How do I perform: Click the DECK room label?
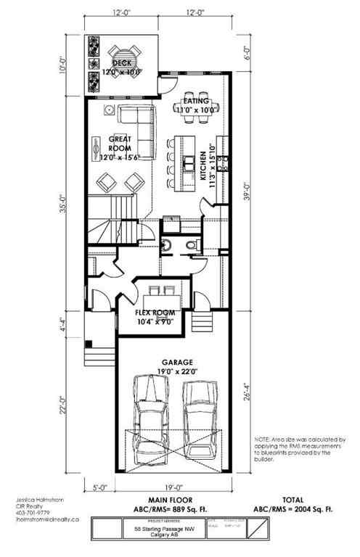(120, 63)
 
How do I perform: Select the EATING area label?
(196, 100)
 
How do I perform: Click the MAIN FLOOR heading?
(169, 500)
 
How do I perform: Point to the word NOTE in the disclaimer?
(263, 440)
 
